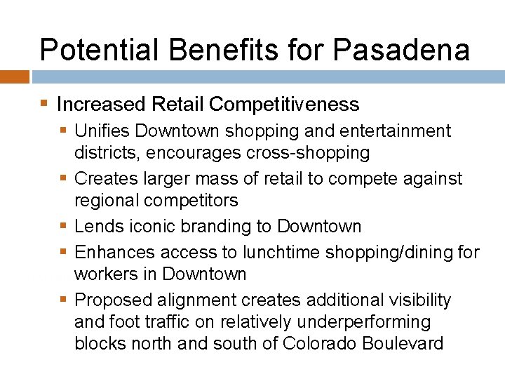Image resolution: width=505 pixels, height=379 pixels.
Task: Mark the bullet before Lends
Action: (64, 227)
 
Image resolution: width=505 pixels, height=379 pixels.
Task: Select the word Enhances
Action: (115, 252)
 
